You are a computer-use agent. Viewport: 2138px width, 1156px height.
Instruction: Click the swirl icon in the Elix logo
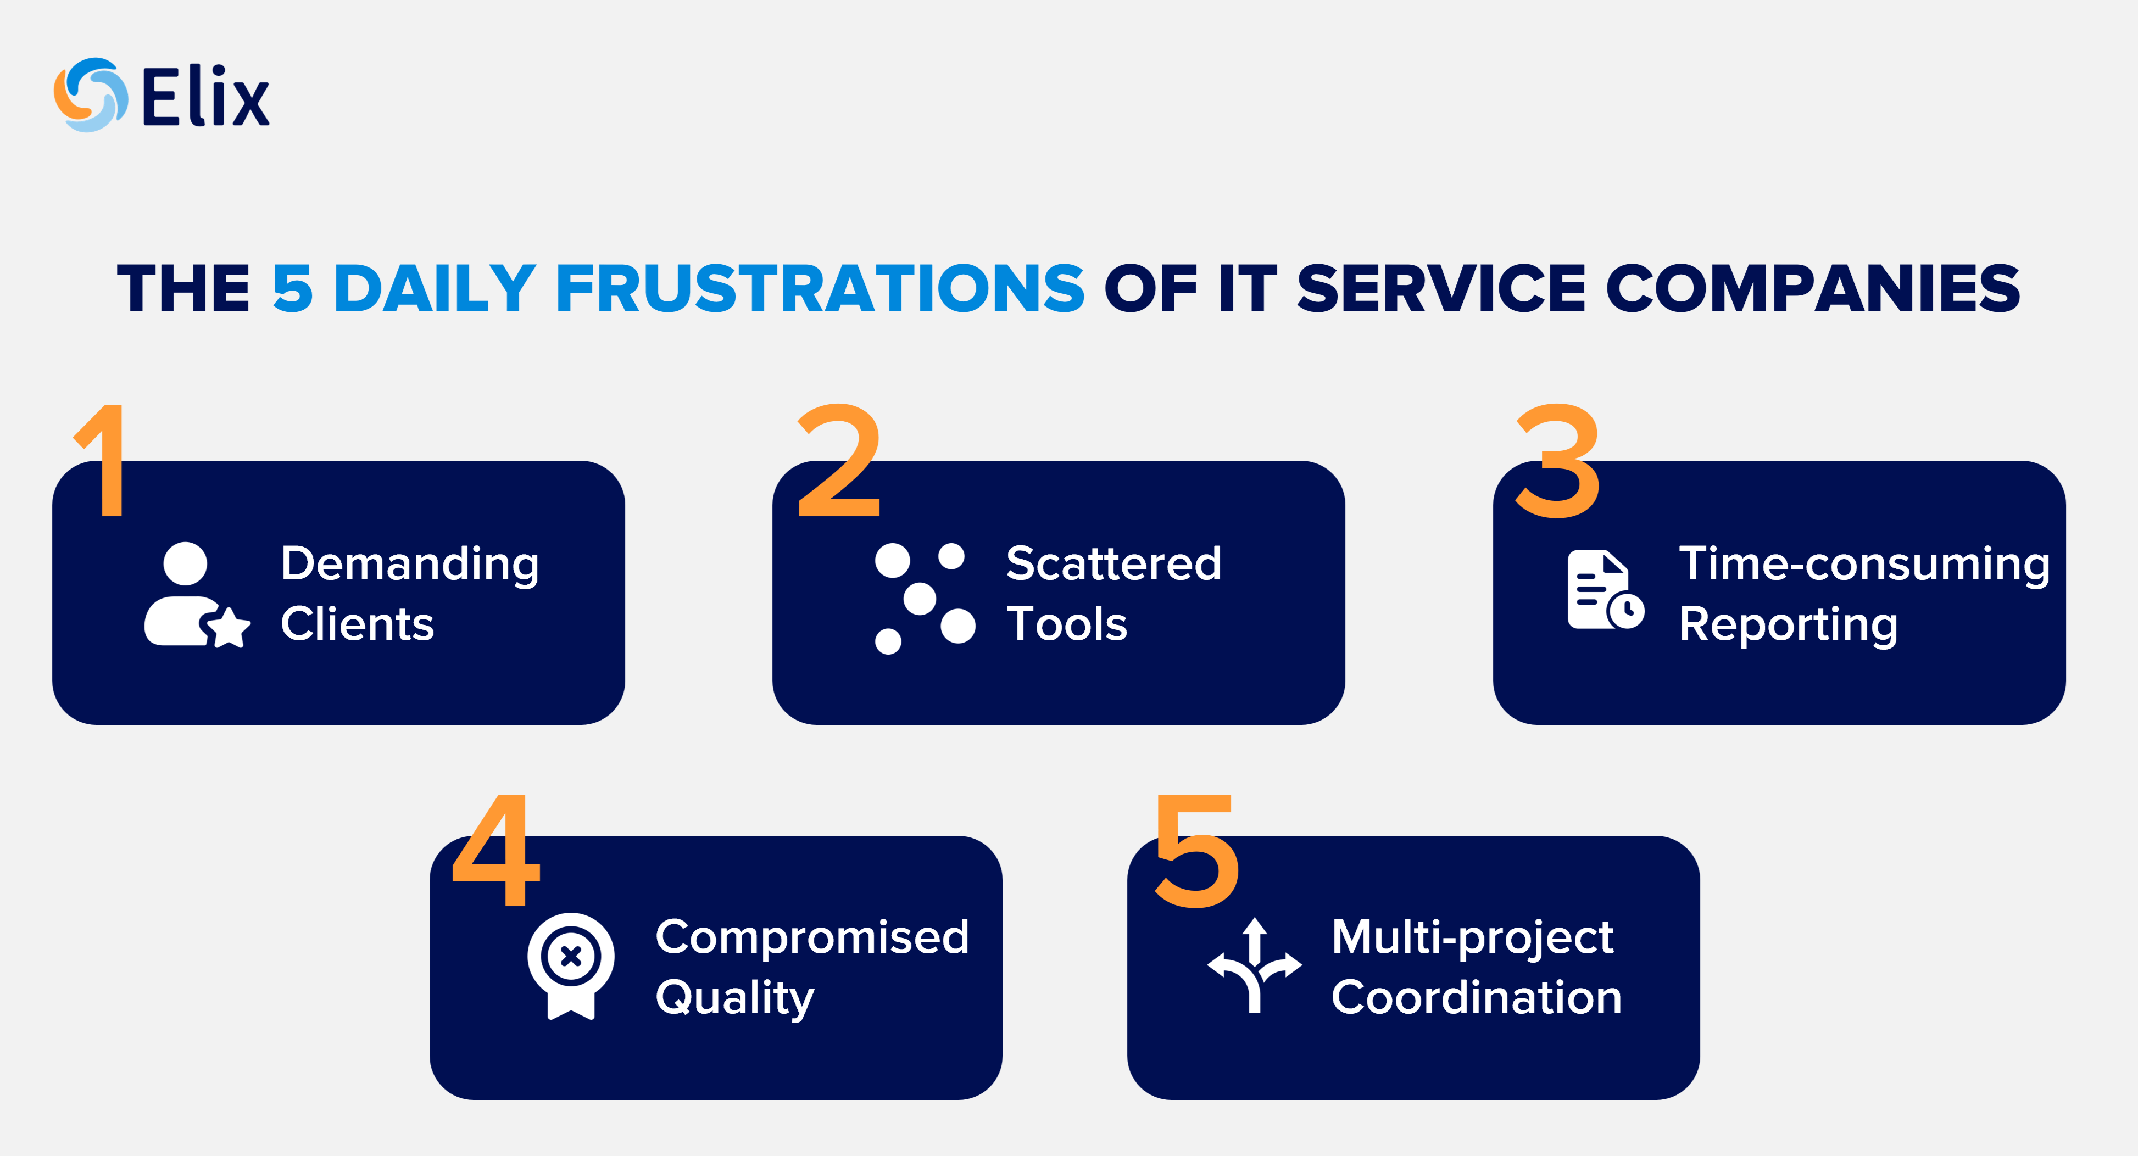tap(91, 94)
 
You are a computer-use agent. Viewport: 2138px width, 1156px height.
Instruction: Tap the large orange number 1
tap(104, 461)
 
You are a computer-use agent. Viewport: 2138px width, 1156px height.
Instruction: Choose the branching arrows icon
tap(1254, 965)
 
